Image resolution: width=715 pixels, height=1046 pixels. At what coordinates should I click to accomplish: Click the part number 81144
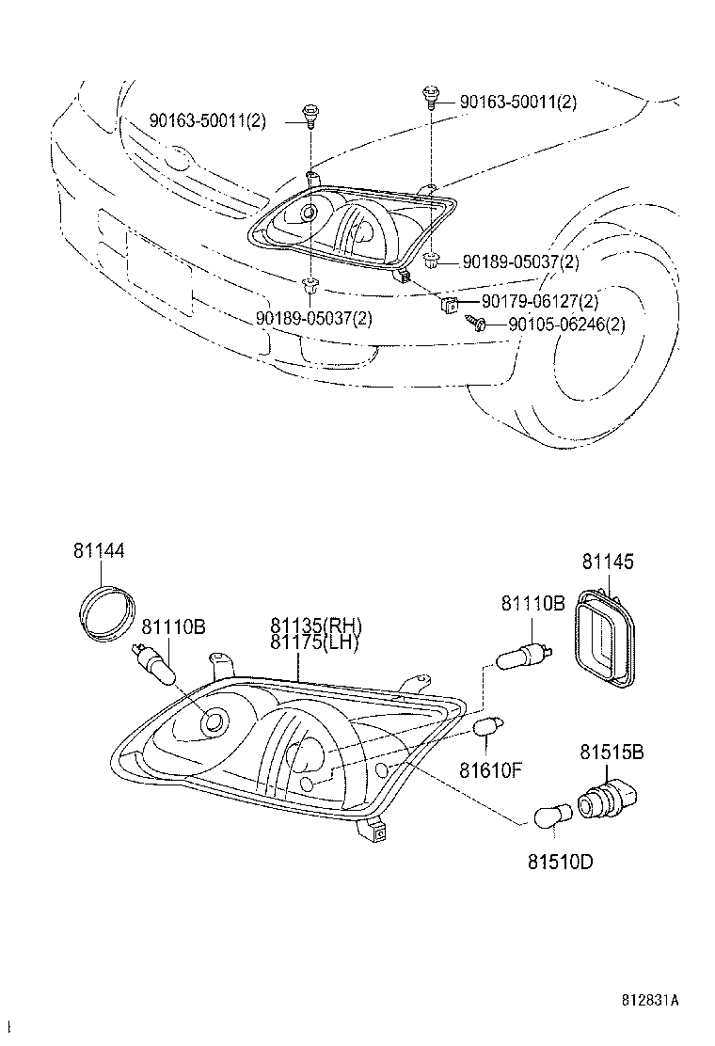(x=99, y=551)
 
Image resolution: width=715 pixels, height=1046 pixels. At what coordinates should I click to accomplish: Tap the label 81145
(x=607, y=563)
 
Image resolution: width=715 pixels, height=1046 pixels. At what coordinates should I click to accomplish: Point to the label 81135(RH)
(x=315, y=626)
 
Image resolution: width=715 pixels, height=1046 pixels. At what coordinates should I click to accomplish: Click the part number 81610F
(x=489, y=771)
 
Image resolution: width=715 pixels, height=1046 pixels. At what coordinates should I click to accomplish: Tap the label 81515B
(x=612, y=753)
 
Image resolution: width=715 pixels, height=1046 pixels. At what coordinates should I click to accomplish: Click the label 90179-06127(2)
(x=539, y=302)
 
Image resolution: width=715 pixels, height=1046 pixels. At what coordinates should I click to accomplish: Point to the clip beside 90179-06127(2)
(x=451, y=303)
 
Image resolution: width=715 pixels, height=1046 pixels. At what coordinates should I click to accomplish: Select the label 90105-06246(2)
(x=565, y=325)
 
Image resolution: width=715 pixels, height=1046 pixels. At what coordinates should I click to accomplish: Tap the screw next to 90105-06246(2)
(x=476, y=324)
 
